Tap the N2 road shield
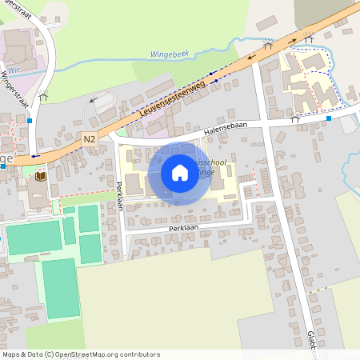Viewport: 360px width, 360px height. [90, 139]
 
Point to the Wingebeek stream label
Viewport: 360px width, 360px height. [170, 54]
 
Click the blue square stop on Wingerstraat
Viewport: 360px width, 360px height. [30, 120]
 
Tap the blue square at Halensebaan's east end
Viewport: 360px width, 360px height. [328, 119]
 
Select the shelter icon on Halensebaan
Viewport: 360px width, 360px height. [295, 119]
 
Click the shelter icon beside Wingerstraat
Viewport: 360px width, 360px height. [43, 98]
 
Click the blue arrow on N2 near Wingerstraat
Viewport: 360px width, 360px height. [34, 157]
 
